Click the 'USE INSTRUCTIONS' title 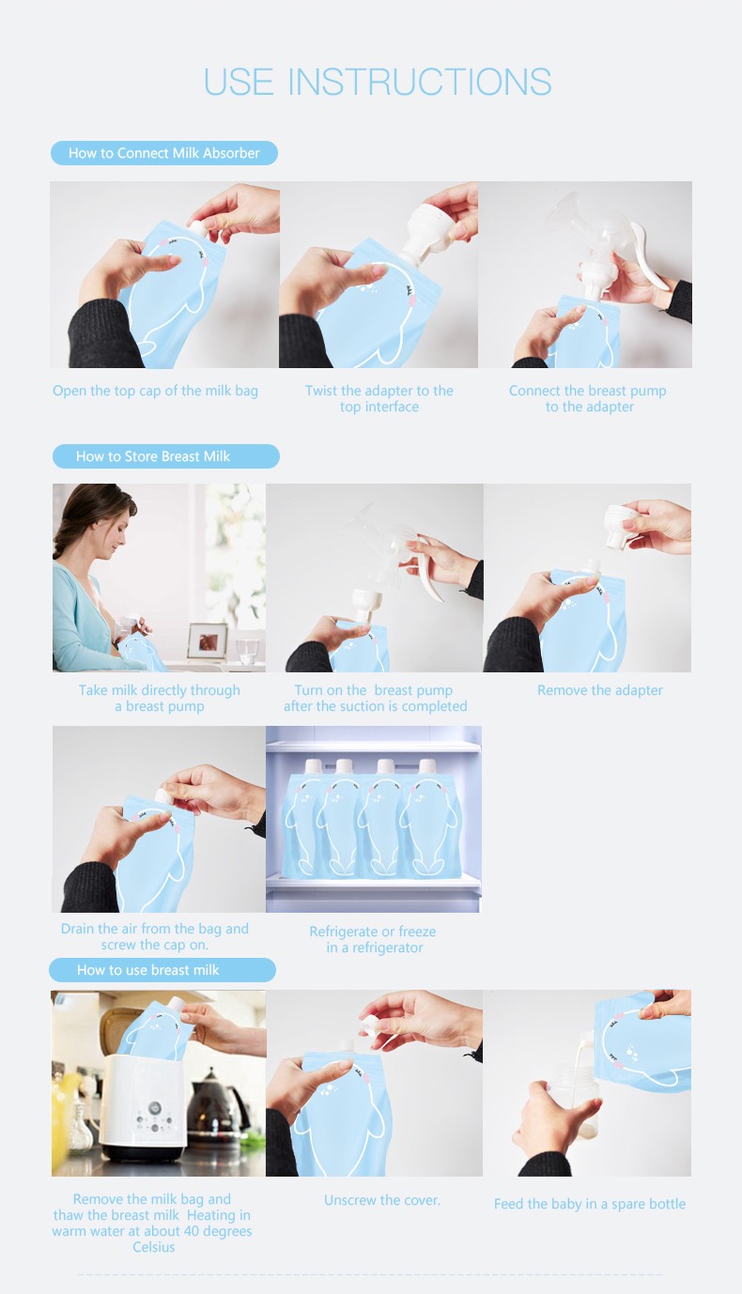point(377,82)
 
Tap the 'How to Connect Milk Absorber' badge point(163,153)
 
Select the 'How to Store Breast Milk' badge point(165,456)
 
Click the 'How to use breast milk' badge point(162,970)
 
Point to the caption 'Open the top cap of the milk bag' point(155,391)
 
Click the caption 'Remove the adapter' point(599,690)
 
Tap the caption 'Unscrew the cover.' point(381,1200)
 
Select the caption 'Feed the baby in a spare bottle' point(590,1204)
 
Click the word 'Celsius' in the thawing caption point(154,1247)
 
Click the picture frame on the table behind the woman point(207,640)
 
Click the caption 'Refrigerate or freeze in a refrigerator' point(373,939)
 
